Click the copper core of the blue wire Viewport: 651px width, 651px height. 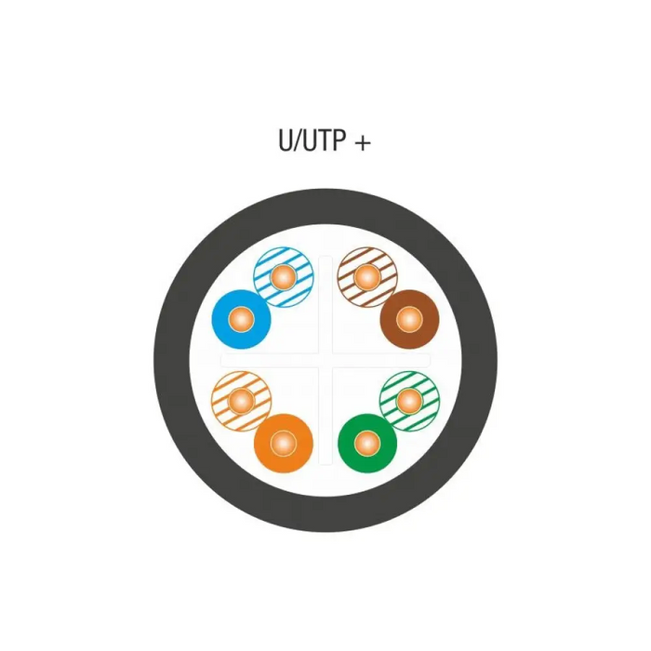coord(242,317)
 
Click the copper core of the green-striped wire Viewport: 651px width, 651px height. coord(408,401)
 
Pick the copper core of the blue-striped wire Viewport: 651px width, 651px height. coord(284,276)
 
